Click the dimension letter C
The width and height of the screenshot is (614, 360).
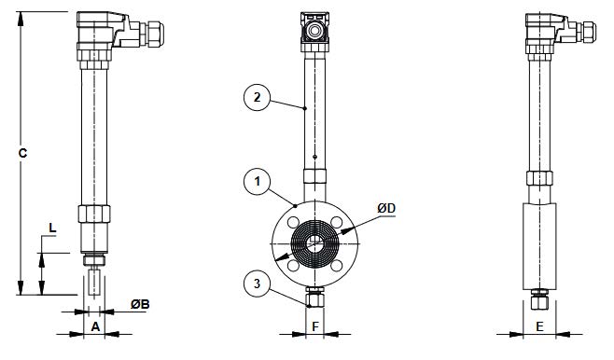pos(22,153)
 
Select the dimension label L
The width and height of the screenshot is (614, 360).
pos(52,228)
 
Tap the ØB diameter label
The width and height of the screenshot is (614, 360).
pos(140,304)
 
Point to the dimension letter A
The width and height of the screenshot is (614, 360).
pos(95,326)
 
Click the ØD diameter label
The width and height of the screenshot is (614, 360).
pos(386,208)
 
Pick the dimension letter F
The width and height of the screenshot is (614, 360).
pos(315,326)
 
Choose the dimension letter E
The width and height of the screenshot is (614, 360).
pos(539,326)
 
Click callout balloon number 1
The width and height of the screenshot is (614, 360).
pos(257,182)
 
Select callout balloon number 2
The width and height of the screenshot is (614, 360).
pos(257,97)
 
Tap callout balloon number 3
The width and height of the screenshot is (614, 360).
pos(257,284)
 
